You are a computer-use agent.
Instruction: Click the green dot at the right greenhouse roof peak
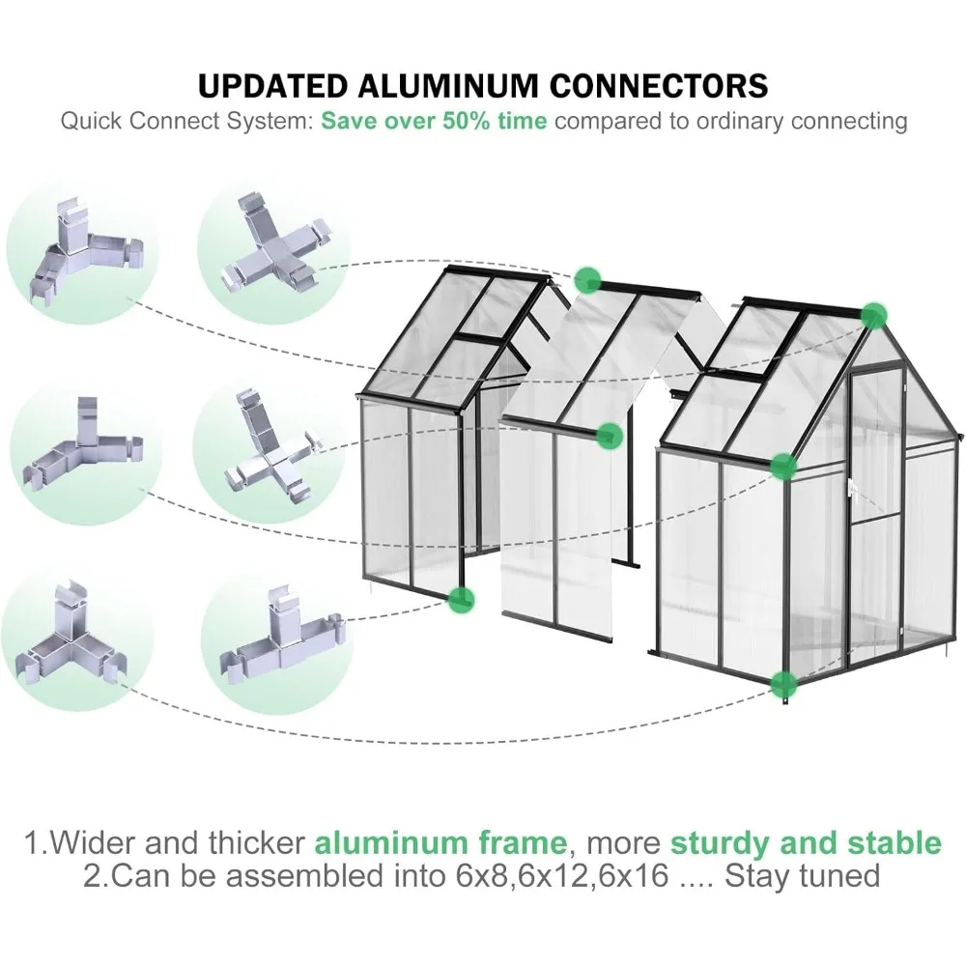(873, 315)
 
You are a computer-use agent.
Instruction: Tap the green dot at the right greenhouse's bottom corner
(783, 684)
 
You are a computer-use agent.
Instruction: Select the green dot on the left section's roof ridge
(586, 280)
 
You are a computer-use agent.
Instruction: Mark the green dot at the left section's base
(462, 600)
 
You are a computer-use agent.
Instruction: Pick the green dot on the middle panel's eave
(608, 435)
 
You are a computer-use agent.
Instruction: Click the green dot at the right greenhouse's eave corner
(783, 467)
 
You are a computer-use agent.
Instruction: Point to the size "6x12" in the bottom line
(541, 877)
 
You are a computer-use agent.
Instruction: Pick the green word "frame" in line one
(524, 842)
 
